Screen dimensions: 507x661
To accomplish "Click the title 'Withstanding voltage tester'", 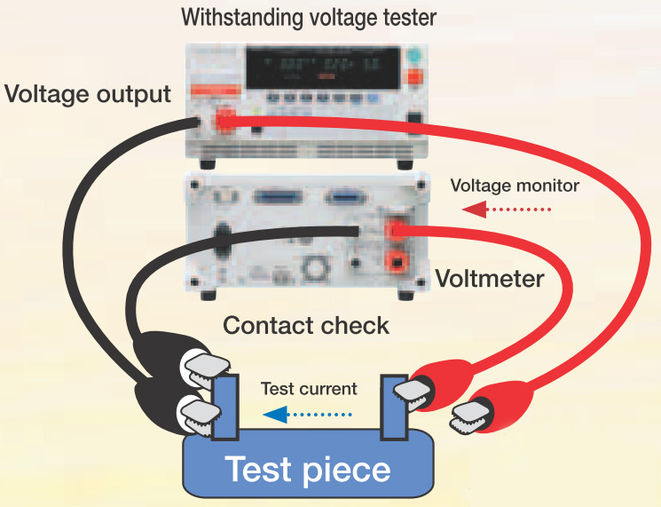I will pos(309,16).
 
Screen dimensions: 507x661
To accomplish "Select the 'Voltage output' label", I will pos(88,94).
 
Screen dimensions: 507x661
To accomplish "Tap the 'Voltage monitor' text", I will pos(515,186).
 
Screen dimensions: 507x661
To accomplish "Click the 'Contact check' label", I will pos(305,325).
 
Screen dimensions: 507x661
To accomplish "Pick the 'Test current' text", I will pos(309,389).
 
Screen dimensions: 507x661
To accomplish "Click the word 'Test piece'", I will pos(308,469).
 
